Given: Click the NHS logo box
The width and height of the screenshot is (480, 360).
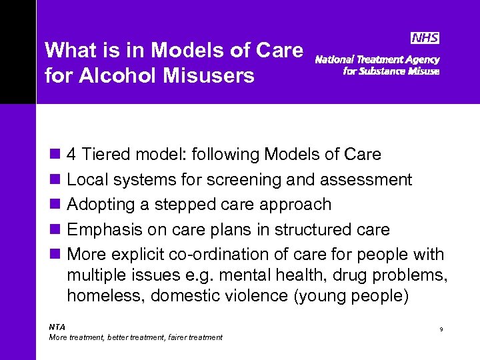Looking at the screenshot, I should (x=425, y=39).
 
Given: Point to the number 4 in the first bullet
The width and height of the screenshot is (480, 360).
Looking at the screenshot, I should (x=73, y=155).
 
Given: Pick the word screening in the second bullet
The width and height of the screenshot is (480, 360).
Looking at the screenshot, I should (x=238, y=180).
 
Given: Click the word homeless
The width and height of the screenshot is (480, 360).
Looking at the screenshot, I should (x=106, y=295).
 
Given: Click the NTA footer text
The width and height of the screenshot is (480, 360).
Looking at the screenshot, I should (x=57, y=327).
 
